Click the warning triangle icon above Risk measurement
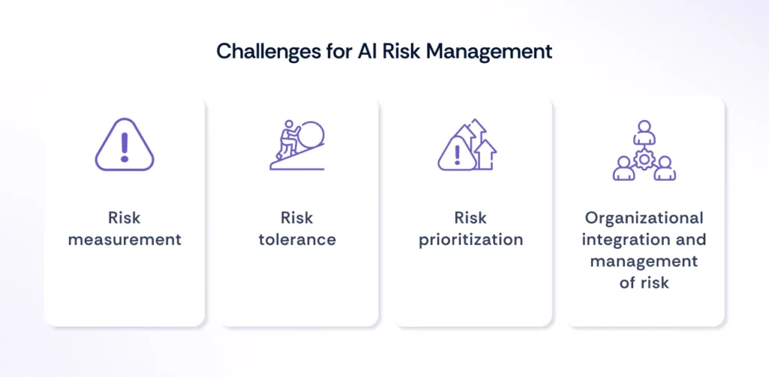coord(124,147)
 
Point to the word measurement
coord(124,240)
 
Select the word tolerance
coord(297,240)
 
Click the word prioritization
coord(471,240)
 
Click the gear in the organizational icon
coord(644,158)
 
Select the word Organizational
coord(644,218)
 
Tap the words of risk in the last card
coord(644,284)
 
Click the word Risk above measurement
coord(124,218)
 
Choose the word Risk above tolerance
coord(297,218)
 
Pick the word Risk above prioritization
coord(471,218)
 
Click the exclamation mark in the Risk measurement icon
coord(124,148)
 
